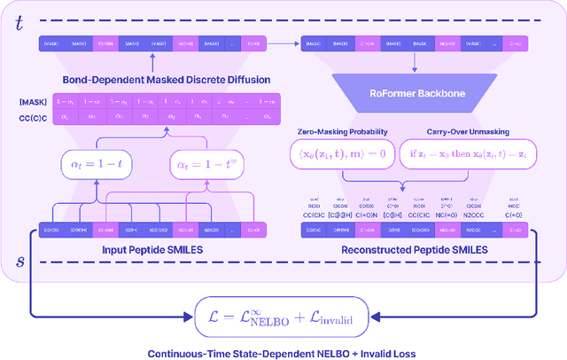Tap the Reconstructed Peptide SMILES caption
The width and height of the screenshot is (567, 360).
(415, 249)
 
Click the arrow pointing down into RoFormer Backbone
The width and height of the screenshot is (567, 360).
(415, 59)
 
